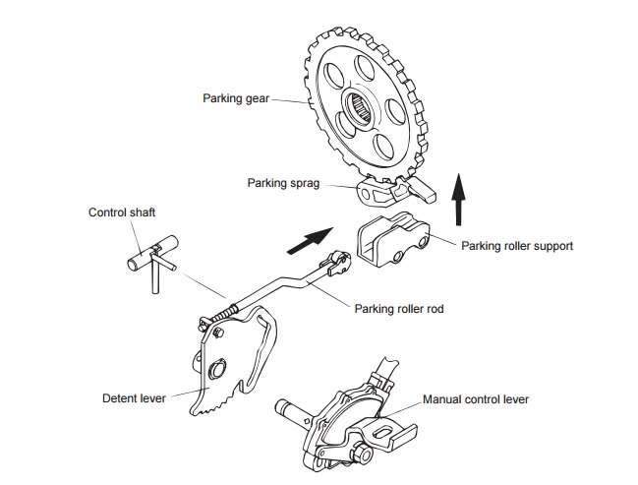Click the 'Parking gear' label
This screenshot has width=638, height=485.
pos(236,98)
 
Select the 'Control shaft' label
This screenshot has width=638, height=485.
pos(122,212)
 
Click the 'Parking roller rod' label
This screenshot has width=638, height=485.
pos(398,309)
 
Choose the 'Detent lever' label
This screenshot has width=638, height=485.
pos(134,398)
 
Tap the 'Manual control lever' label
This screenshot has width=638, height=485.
pos(476,400)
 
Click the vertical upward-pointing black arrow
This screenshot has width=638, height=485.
pos(458,196)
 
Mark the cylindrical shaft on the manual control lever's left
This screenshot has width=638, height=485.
pos(294,404)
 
